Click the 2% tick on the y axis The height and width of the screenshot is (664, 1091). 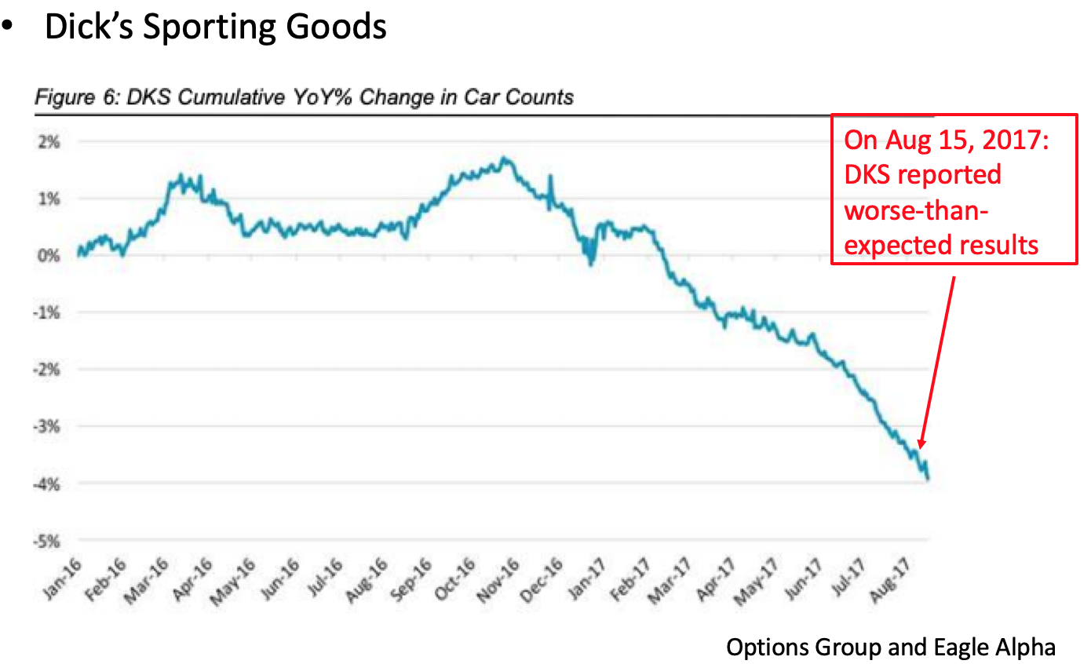click(49, 142)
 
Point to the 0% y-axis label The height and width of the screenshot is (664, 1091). click(49, 256)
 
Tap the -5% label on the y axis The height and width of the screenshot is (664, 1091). click(48, 541)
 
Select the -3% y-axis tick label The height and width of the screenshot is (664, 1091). click(48, 427)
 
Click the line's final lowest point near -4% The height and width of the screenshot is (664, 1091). click(929, 479)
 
